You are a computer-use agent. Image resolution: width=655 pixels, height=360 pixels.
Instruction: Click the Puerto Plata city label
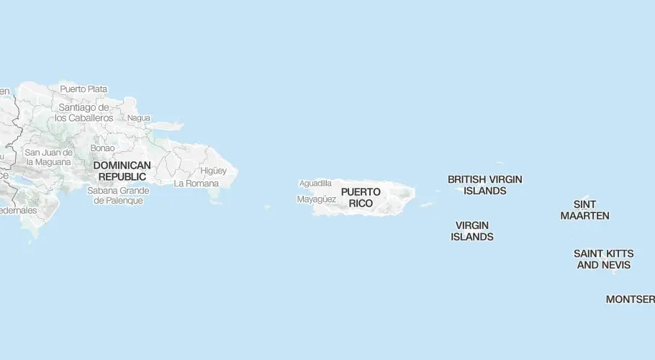pos(83,89)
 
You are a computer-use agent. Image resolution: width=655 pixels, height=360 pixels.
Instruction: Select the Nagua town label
pos(138,118)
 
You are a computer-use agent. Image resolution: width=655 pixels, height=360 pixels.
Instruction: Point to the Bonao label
pos(102,148)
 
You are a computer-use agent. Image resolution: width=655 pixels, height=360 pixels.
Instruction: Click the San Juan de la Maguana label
pos(48,157)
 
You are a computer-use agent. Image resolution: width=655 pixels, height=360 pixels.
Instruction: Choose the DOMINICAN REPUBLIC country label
pos(122,171)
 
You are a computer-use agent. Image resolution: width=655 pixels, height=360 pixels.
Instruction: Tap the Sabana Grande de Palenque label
pos(118,195)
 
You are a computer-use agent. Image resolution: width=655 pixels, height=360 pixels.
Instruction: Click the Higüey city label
pos(214,171)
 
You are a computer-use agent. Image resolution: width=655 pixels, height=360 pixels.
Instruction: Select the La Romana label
pos(196,184)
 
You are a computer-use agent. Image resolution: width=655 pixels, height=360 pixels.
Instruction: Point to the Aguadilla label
pos(315,184)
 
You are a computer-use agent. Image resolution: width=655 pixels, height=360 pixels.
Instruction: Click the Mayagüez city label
pos(317,199)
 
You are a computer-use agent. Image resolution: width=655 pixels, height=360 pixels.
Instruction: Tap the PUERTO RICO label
pos(361,197)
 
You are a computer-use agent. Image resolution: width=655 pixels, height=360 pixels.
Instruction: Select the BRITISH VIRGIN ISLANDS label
pos(484,185)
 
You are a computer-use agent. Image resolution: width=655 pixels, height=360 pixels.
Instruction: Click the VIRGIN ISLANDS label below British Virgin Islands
pos(472,230)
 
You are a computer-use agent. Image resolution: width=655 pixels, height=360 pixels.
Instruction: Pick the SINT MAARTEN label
pos(584,210)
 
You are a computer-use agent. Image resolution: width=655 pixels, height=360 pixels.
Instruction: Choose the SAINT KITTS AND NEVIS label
pos(603,259)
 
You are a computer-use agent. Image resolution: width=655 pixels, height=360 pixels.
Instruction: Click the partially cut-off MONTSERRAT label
pos(630,299)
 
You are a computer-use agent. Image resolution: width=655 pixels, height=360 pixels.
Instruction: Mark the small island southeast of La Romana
pos(215,202)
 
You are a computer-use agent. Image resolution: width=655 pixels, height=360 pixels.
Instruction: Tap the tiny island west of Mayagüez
pos(267,207)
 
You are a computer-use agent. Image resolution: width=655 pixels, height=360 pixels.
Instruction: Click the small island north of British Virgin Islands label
pos(500,163)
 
